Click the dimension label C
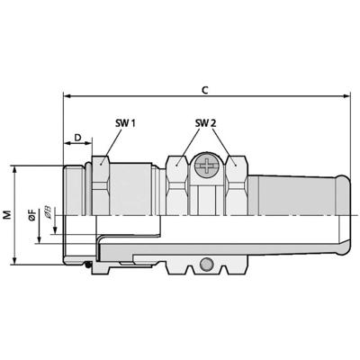tap(204, 90)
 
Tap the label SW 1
tap(125, 123)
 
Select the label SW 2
tap(206, 123)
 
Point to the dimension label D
tap(77, 138)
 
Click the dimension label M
tap(7, 215)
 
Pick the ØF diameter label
tap(32, 216)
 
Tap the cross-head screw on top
tap(207, 166)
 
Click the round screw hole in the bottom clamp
tap(206, 265)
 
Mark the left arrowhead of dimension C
tap(67, 96)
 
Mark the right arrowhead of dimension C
tap(346, 96)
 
